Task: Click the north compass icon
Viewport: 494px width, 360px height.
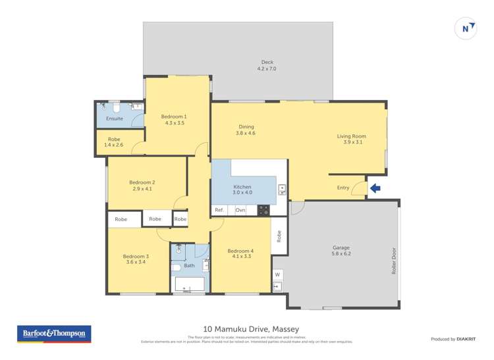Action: (x=466, y=28)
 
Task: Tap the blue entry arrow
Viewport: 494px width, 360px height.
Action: (x=375, y=188)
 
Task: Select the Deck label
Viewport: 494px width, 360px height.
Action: (x=267, y=63)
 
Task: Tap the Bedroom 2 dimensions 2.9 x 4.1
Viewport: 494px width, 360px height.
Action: (x=142, y=189)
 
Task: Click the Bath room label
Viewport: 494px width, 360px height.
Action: (x=189, y=265)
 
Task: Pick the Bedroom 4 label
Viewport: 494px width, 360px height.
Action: (x=240, y=251)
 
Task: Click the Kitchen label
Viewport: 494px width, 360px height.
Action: (x=242, y=187)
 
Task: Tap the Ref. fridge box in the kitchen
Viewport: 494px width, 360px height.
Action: (x=219, y=210)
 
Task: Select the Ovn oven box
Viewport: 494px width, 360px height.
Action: (x=240, y=210)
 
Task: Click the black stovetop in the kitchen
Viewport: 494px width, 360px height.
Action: (x=263, y=210)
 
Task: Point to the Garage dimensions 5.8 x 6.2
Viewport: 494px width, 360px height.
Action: (x=341, y=253)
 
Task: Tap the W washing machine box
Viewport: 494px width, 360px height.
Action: (x=277, y=274)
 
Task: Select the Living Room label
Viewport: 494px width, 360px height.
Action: (x=351, y=136)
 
